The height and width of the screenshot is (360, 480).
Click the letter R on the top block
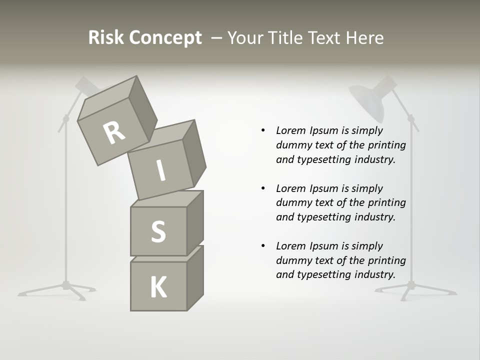(114, 133)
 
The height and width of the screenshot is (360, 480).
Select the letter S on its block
(158, 232)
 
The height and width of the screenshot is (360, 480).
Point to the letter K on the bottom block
(158, 287)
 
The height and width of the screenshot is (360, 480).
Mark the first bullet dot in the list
(263, 130)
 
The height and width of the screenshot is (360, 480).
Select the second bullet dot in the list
(263, 188)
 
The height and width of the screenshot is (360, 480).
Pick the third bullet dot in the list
(263, 246)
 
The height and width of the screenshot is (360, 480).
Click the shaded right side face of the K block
(195, 278)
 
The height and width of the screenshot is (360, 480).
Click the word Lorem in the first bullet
(291, 130)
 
